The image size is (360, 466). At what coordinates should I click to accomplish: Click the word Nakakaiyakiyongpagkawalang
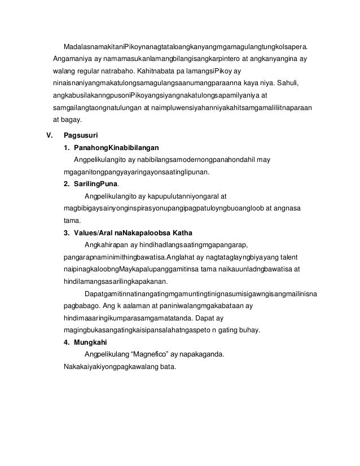pyautogui.click(x=112, y=367)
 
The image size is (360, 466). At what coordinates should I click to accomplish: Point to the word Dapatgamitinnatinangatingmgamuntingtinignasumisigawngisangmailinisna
pyautogui.click(x=200, y=294)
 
